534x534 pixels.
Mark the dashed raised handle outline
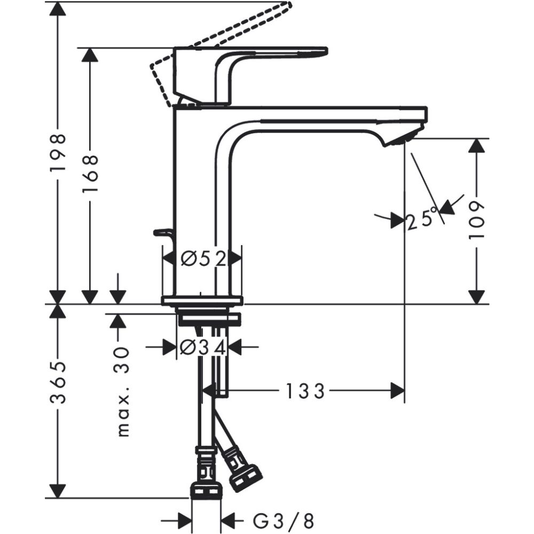click(x=224, y=37)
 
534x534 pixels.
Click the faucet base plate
click(x=202, y=300)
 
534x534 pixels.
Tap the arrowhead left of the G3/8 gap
click(x=185, y=520)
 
